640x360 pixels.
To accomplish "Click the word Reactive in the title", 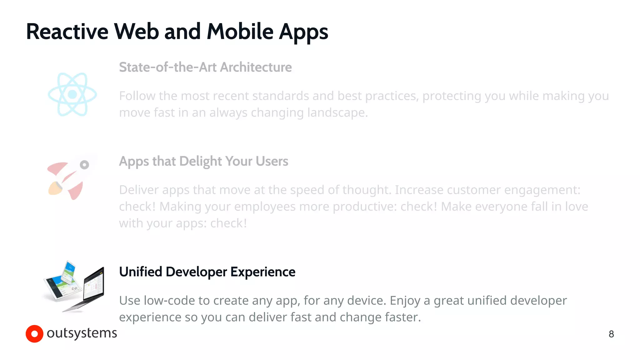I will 67,32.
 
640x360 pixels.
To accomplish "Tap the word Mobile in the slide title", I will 240,32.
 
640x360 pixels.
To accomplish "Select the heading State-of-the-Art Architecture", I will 205,67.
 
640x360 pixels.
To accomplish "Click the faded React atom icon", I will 72,94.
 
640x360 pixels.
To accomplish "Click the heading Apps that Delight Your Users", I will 203,161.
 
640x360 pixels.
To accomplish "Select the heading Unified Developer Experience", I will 207,272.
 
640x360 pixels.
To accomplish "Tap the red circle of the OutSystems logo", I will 34,334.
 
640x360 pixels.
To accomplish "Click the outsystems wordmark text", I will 82,333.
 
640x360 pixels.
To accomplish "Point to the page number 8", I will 611,334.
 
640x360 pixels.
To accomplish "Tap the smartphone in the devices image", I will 68,272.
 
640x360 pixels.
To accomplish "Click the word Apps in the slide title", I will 303,32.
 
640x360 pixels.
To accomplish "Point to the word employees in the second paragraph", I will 265,207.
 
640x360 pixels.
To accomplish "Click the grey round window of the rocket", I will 84,165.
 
